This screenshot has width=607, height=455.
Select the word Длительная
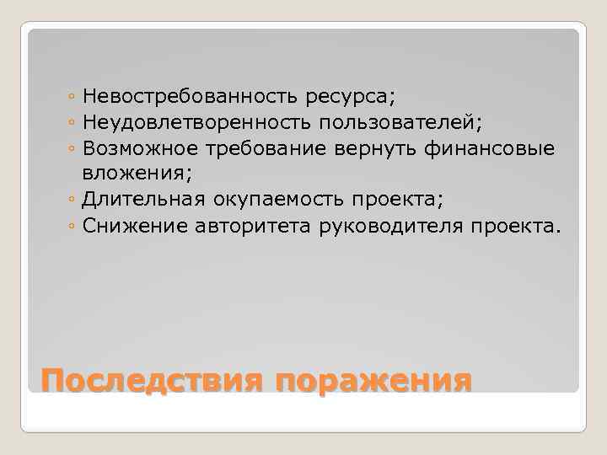(x=139, y=201)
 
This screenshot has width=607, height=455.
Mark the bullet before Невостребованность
(x=75, y=99)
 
